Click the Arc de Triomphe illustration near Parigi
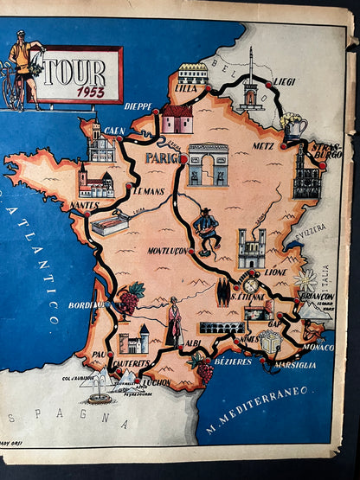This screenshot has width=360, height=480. [209, 164]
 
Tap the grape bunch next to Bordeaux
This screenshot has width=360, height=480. [130, 300]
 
